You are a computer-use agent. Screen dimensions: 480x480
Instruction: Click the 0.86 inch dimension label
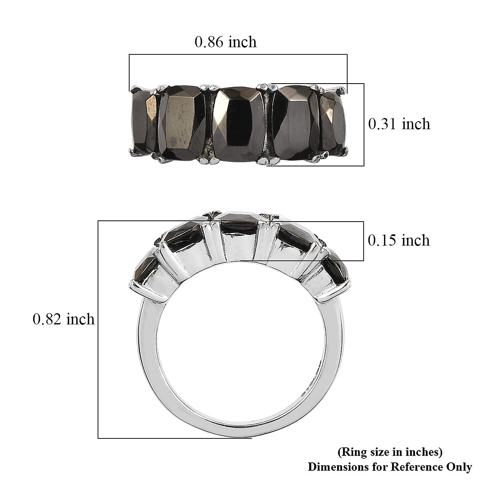point(225,42)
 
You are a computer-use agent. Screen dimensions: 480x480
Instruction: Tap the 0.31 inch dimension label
point(399,124)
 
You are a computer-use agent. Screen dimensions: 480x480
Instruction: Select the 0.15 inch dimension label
point(398,240)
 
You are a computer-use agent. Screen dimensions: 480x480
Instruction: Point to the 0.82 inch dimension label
point(64,319)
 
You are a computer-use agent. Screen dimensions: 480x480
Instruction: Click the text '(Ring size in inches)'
point(390,452)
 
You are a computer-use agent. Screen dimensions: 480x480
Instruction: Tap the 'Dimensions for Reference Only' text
point(390,466)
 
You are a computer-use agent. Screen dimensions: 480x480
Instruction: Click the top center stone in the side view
point(239,224)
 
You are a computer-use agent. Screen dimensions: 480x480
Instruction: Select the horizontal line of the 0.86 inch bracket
point(238,54)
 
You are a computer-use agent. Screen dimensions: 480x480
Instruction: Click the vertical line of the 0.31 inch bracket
point(364,124)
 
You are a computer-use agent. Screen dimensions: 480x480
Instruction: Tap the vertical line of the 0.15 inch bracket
point(364,241)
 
